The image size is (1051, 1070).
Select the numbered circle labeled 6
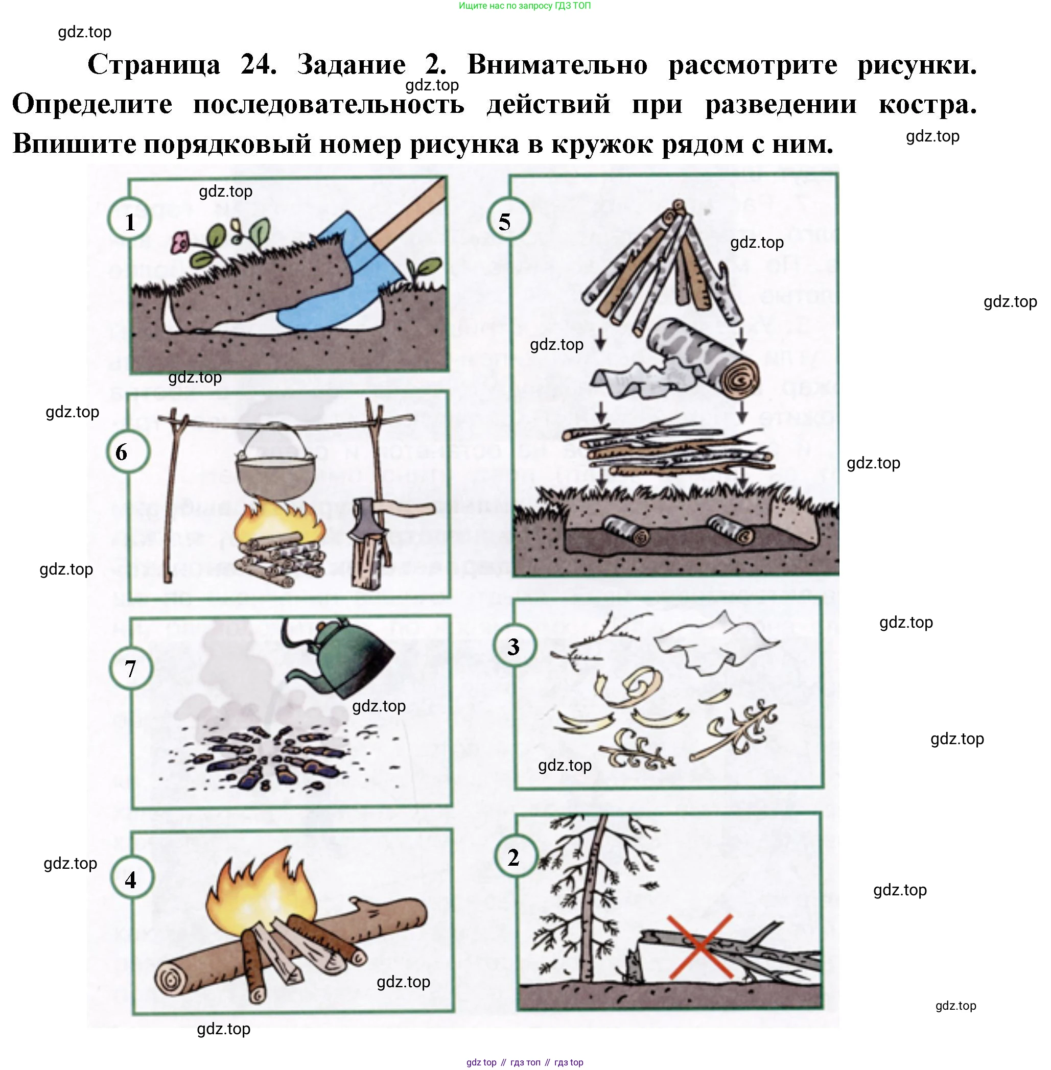click(x=128, y=451)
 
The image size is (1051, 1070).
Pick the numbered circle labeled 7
click(x=130, y=668)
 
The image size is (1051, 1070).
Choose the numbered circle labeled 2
click(x=515, y=858)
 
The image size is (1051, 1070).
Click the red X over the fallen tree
click(x=700, y=947)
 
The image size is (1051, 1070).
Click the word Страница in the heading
click(x=154, y=64)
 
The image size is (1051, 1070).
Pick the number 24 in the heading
click(x=259, y=64)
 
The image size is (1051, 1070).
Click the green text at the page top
click(x=524, y=6)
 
